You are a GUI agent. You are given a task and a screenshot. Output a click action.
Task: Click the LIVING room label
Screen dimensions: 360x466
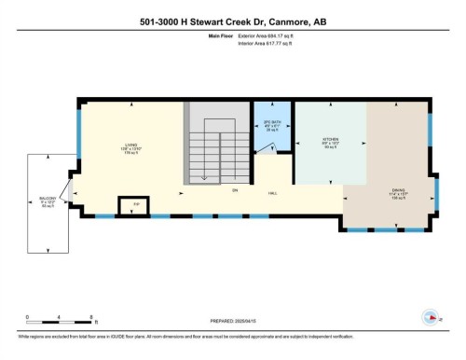coord(132,145)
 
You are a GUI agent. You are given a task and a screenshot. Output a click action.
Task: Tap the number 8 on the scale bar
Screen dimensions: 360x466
coord(89,317)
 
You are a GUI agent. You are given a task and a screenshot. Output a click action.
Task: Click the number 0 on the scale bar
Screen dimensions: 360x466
coord(27,317)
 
